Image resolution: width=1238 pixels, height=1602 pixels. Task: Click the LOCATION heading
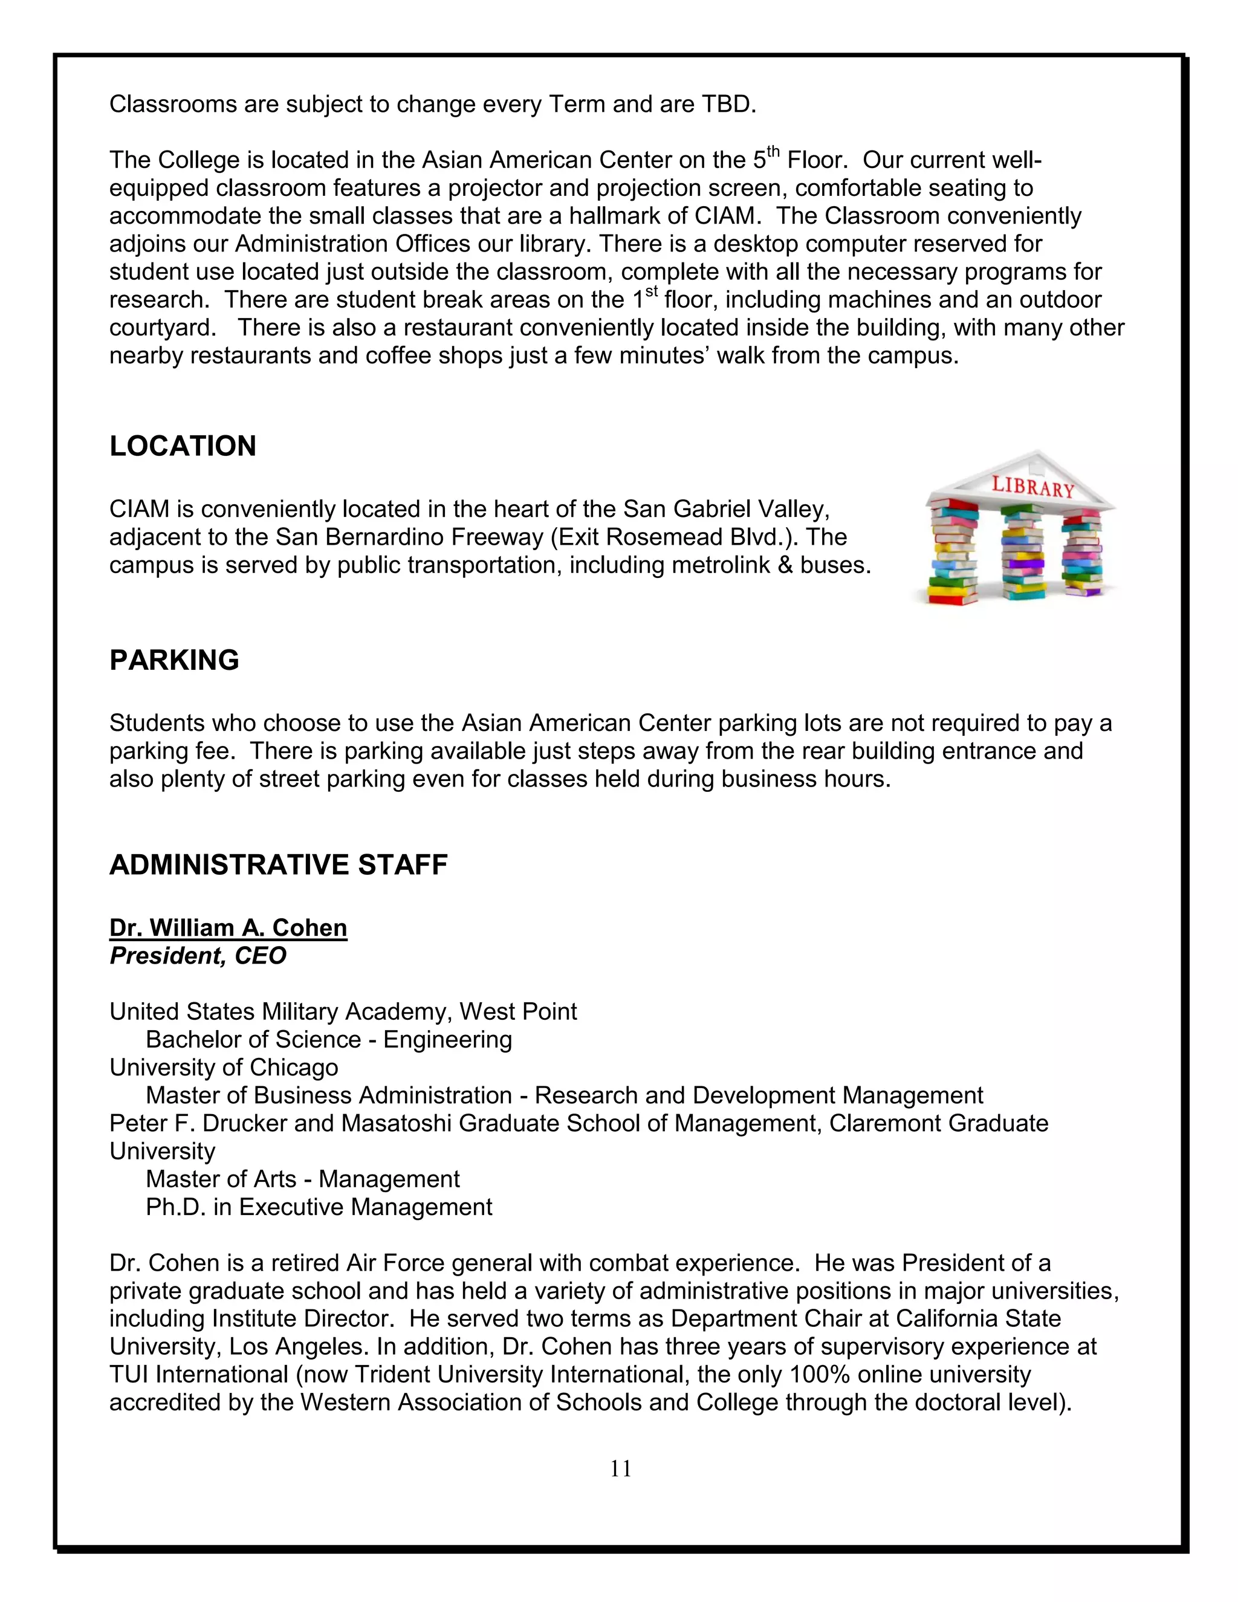click(x=183, y=446)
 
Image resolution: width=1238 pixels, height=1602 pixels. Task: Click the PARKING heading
click(x=174, y=660)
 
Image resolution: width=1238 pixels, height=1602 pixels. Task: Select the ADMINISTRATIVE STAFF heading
click(x=278, y=865)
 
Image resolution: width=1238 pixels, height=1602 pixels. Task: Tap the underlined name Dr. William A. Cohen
click(x=228, y=928)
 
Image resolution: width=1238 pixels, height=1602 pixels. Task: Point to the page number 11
click(x=620, y=1468)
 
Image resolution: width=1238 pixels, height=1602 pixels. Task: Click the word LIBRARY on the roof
click(x=1032, y=486)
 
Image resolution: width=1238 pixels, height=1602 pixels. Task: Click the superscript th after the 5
click(x=773, y=152)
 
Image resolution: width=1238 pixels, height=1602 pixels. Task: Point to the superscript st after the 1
click(x=651, y=292)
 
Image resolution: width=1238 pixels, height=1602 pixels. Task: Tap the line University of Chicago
click(x=224, y=1067)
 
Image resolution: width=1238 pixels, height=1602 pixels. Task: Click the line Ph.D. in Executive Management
click(x=319, y=1207)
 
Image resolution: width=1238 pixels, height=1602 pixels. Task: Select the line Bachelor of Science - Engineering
click(x=329, y=1039)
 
